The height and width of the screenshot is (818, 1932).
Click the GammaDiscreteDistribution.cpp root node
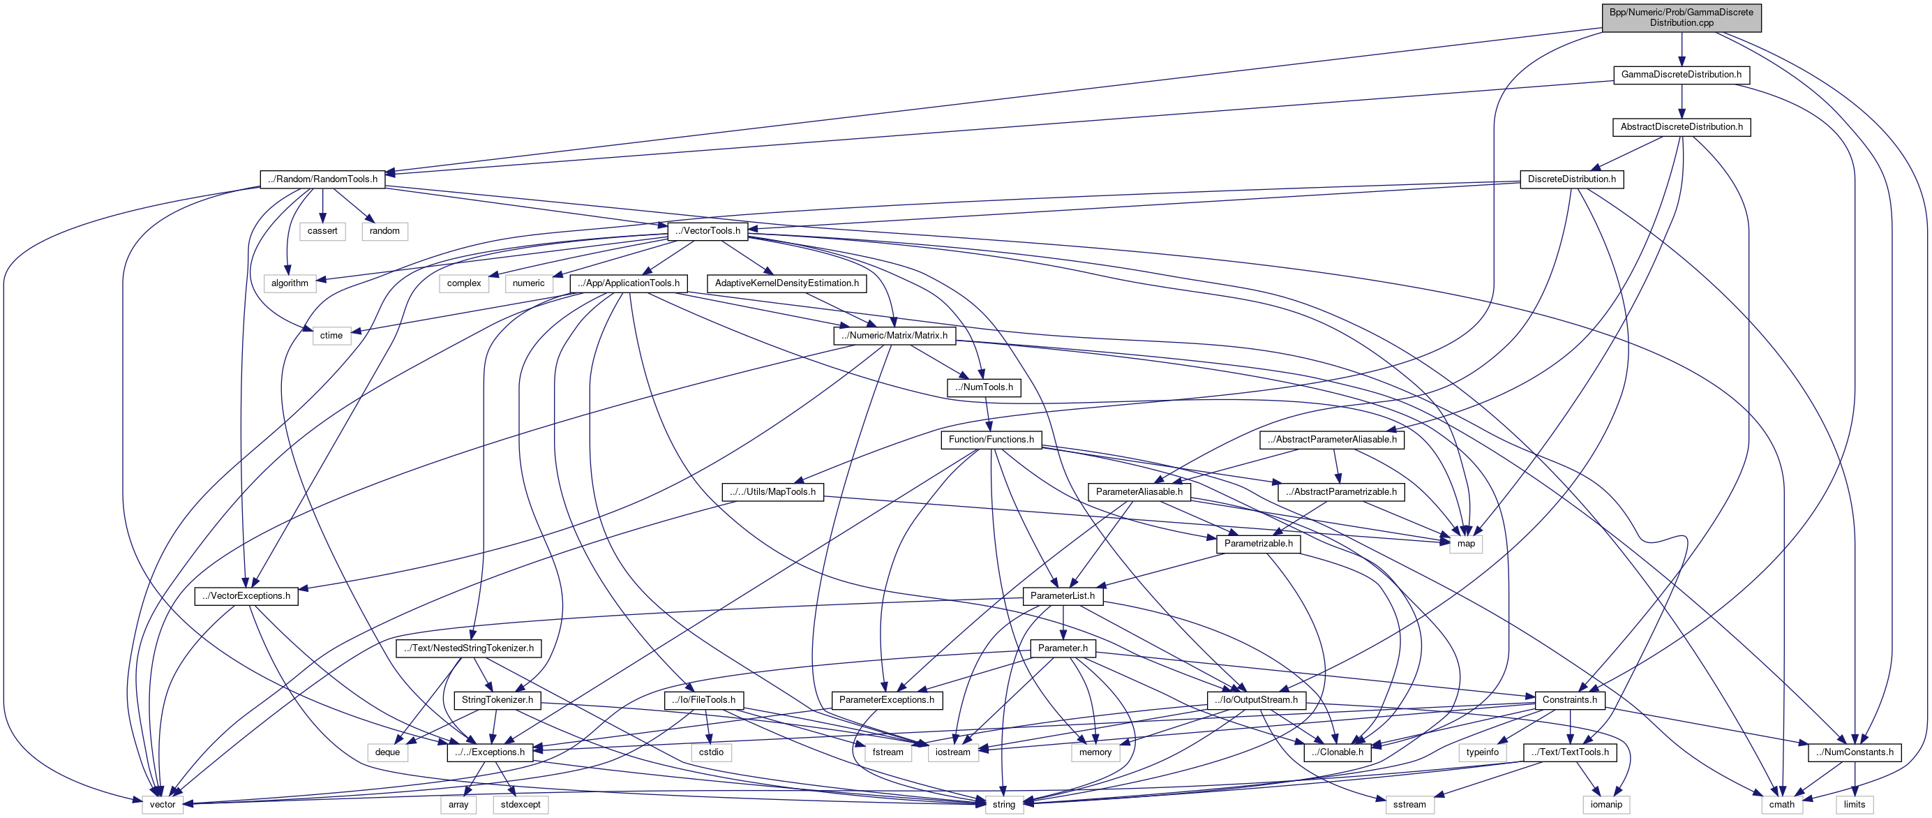(x=1681, y=17)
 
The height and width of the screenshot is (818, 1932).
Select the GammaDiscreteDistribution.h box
(x=1681, y=74)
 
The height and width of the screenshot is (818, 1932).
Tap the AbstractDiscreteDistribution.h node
(x=1681, y=127)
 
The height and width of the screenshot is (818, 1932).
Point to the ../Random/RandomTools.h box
(x=322, y=179)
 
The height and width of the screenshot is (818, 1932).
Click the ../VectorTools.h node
(x=707, y=230)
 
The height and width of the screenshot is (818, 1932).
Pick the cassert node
(x=322, y=230)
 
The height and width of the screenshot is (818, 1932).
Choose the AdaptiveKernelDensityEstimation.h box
(x=787, y=283)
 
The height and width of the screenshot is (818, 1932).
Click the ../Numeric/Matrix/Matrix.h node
(x=894, y=336)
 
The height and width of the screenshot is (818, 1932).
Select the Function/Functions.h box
(x=991, y=439)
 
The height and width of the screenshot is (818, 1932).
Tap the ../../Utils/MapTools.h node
(x=772, y=491)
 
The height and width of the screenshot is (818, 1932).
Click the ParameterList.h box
(x=1062, y=596)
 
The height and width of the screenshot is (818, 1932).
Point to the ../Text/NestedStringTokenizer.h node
(x=469, y=648)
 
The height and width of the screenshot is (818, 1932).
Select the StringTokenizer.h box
(x=497, y=699)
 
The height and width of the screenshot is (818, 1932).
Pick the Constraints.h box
(x=1570, y=699)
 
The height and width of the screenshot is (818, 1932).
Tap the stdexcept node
(x=521, y=804)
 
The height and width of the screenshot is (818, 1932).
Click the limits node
(x=1854, y=804)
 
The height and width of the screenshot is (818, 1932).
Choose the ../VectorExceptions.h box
(x=246, y=596)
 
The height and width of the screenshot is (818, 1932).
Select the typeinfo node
(x=1482, y=752)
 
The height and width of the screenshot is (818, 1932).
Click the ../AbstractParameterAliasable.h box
(x=1331, y=439)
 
